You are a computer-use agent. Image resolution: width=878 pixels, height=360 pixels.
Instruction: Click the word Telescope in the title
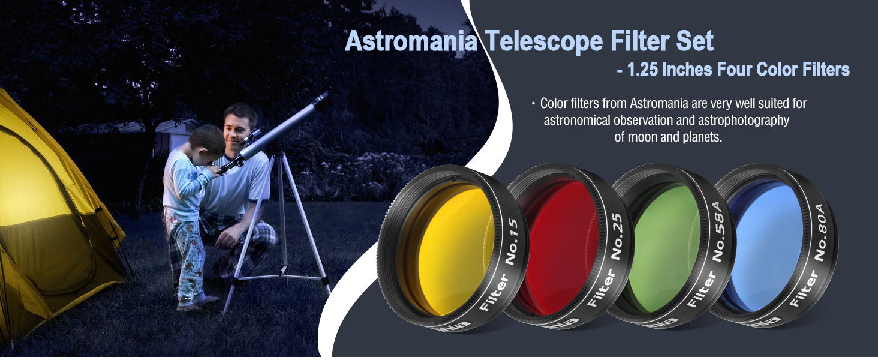pyautogui.click(x=544, y=41)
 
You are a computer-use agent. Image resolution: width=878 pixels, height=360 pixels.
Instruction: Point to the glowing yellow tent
pyautogui.click(x=55, y=220)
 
